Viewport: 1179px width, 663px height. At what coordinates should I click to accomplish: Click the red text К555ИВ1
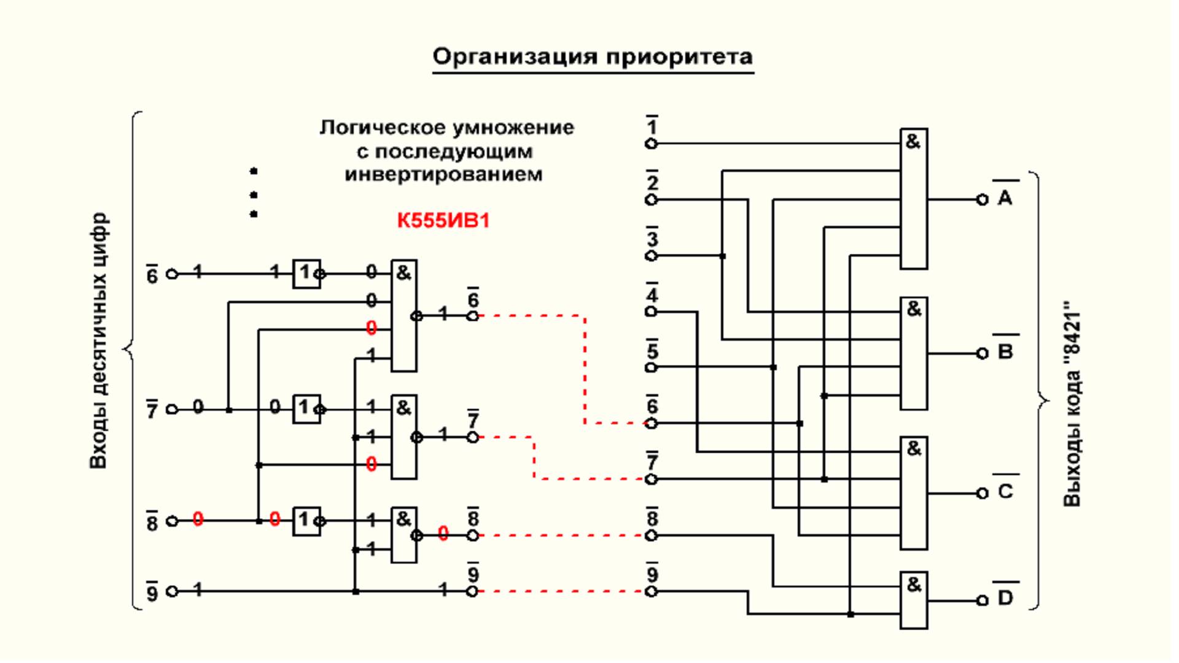[x=443, y=220]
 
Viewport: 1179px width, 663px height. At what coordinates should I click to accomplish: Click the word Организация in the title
[x=515, y=56]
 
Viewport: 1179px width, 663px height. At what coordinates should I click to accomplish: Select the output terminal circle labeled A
[x=982, y=200]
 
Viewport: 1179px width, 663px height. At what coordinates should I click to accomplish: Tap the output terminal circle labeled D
[x=982, y=600]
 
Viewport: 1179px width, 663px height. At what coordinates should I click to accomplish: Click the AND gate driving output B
[x=914, y=354]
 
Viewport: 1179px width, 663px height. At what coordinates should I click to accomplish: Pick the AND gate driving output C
[x=914, y=493]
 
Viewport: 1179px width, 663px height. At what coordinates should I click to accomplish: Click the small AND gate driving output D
[x=914, y=600]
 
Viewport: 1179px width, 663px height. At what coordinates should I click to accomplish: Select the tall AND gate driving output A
[x=914, y=199]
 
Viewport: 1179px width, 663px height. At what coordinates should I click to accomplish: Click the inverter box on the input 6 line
[x=306, y=274]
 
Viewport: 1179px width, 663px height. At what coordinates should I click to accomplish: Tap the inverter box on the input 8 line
[x=306, y=521]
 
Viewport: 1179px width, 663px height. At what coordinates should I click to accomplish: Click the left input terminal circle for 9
[x=173, y=591]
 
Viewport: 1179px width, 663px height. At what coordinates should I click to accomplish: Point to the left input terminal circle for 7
[x=173, y=409]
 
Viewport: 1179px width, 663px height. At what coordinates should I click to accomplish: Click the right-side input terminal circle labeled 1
[x=652, y=144]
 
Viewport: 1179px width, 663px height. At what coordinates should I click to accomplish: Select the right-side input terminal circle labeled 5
[x=652, y=367]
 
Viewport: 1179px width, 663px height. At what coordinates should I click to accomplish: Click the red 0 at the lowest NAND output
[x=443, y=533]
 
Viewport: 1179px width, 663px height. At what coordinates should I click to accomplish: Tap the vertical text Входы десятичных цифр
[x=98, y=341]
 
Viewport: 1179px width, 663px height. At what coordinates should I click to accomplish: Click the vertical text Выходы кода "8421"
[x=1072, y=404]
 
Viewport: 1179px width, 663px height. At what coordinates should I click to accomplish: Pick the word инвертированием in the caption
[x=443, y=175]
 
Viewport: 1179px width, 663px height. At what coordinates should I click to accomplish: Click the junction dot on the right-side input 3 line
[x=723, y=256]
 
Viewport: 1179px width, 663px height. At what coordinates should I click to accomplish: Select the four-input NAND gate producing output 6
[x=404, y=316]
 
